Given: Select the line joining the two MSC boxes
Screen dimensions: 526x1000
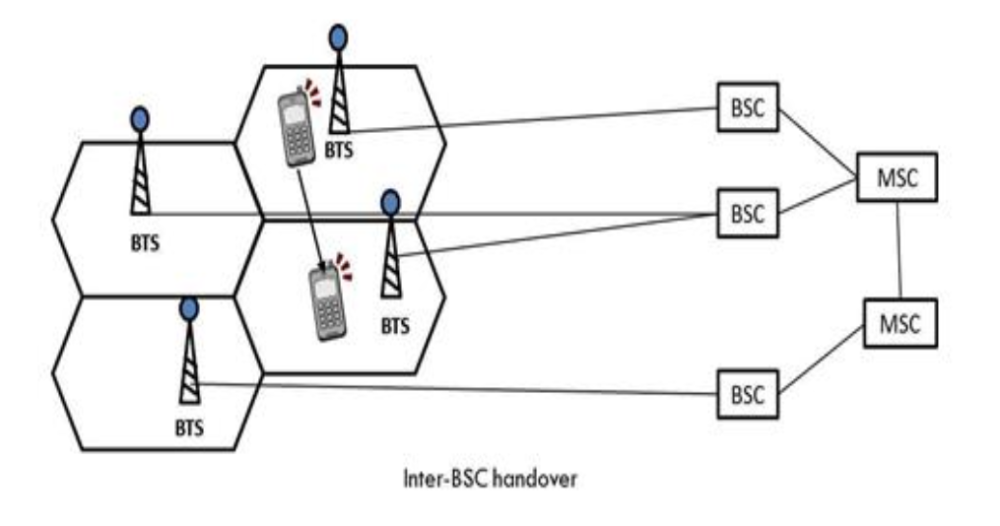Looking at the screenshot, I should coord(898,250).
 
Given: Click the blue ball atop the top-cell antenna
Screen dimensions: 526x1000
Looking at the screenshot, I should coord(338,37).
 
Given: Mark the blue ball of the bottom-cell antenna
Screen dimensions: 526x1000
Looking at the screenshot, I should coord(187,308).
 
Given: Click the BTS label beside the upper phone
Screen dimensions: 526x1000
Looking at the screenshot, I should coord(340,152).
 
